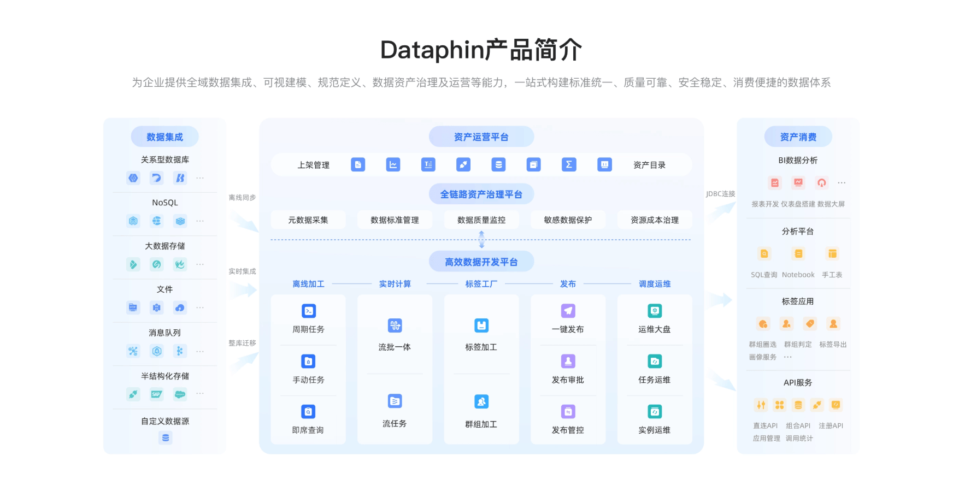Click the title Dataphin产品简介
pyautogui.click(x=481, y=50)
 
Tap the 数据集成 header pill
pyautogui.click(x=164, y=137)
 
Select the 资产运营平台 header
pyautogui.click(x=481, y=137)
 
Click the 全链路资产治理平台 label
pyautogui.click(x=481, y=194)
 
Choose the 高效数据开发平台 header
pyautogui.click(x=481, y=262)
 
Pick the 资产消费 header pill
pyautogui.click(x=798, y=137)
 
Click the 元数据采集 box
pyautogui.click(x=308, y=220)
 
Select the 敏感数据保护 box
pyautogui.click(x=568, y=220)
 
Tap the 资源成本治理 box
pyautogui.click(x=654, y=220)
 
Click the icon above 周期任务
pyautogui.click(x=308, y=311)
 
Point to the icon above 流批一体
pyautogui.click(x=395, y=326)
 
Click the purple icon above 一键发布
pyautogui.click(x=568, y=311)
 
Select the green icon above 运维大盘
pyautogui.click(x=655, y=311)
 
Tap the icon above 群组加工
pyautogui.click(x=481, y=402)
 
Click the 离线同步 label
pyautogui.click(x=242, y=198)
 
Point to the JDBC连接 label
pyautogui.click(x=720, y=194)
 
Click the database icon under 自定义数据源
pyautogui.click(x=165, y=438)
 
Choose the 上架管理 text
pyautogui.click(x=313, y=165)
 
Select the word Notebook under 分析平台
pyautogui.click(x=798, y=275)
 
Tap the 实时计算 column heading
pyautogui.click(x=395, y=284)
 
